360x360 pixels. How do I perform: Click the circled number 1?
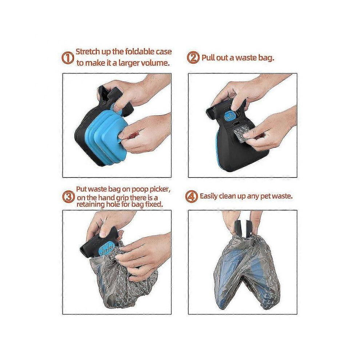click(68, 58)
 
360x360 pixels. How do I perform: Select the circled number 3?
click(68, 197)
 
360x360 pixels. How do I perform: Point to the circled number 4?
click(191, 196)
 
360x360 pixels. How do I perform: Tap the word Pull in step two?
click(208, 57)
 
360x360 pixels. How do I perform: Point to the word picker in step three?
click(160, 190)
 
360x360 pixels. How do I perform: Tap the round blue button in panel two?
click(229, 116)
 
